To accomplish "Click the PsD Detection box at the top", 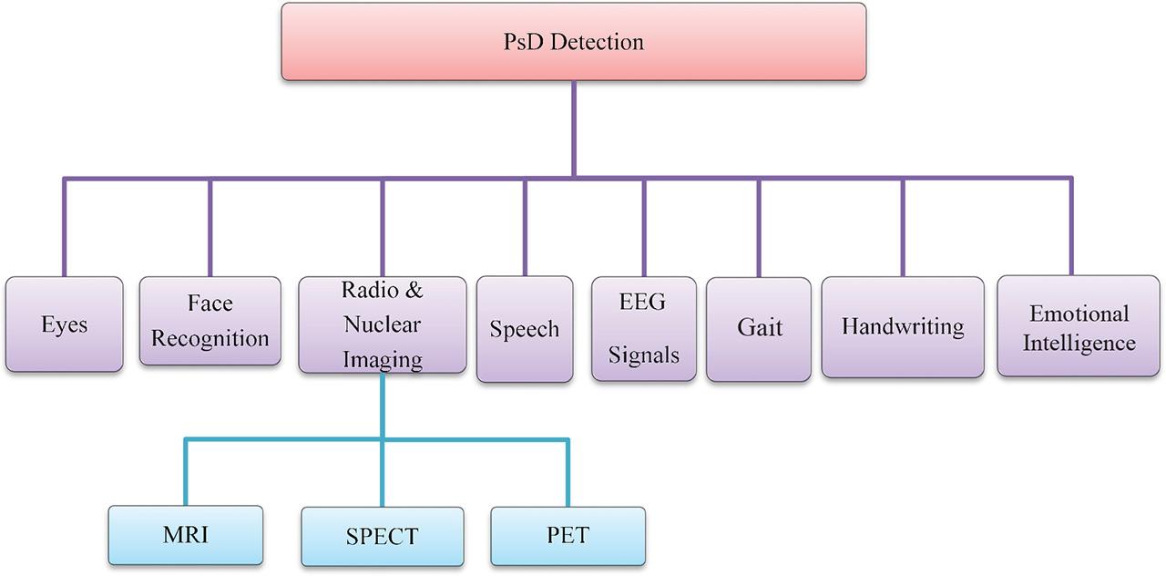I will [573, 42].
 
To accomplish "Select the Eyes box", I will [64, 324].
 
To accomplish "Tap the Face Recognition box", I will [210, 321].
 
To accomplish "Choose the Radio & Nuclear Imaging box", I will [383, 325].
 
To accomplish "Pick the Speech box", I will [525, 329].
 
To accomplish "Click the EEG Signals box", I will [644, 328].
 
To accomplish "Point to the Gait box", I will [759, 328].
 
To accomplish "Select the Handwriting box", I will [903, 327].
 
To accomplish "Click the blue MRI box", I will [186, 535].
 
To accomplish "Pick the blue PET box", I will [568, 535].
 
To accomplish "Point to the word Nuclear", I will [383, 325].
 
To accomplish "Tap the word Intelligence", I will [1079, 344].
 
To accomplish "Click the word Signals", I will [644, 355].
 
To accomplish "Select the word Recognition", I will [210, 339].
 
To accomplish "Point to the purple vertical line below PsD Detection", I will [573, 128].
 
